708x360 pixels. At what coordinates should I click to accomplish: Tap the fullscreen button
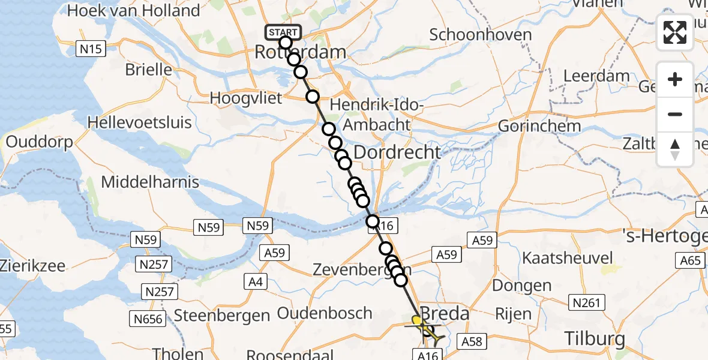click(x=675, y=32)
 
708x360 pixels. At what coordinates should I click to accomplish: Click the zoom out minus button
click(x=675, y=114)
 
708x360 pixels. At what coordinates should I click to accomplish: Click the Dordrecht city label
click(x=397, y=152)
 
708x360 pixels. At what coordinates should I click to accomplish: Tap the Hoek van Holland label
click(x=134, y=11)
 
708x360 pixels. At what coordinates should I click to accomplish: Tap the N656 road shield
click(x=148, y=319)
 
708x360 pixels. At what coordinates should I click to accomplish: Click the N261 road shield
click(x=586, y=303)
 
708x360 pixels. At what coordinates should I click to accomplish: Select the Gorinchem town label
click(x=539, y=126)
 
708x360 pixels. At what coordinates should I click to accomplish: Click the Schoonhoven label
click(x=481, y=35)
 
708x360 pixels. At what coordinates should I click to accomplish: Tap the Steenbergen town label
click(x=221, y=316)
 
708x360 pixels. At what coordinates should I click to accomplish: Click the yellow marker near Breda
click(x=417, y=320)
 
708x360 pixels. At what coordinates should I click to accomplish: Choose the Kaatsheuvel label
click(x=568, y=259)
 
